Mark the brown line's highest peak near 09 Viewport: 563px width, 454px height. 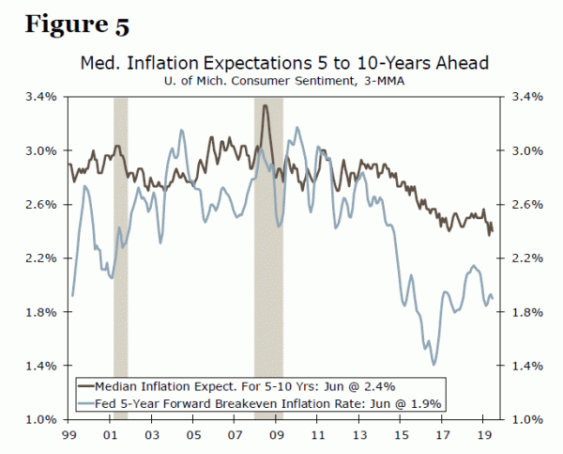[x=266, y=105]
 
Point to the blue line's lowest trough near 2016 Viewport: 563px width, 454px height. [x=434, y=365]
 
